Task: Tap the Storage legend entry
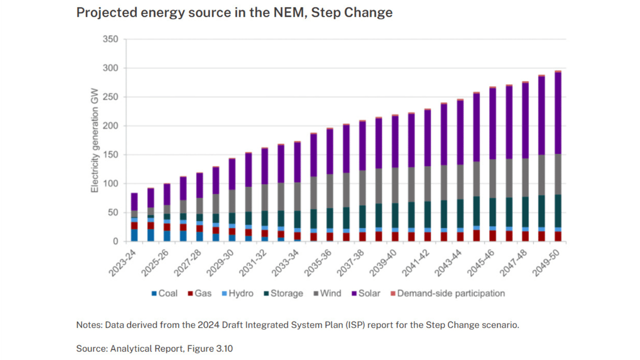point(282,293)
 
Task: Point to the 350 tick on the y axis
point(110,39)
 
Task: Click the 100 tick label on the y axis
point(110,184)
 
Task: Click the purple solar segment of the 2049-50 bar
point(557,113)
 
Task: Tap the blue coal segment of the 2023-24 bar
point(134,235)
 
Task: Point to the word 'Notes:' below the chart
point(88,324)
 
